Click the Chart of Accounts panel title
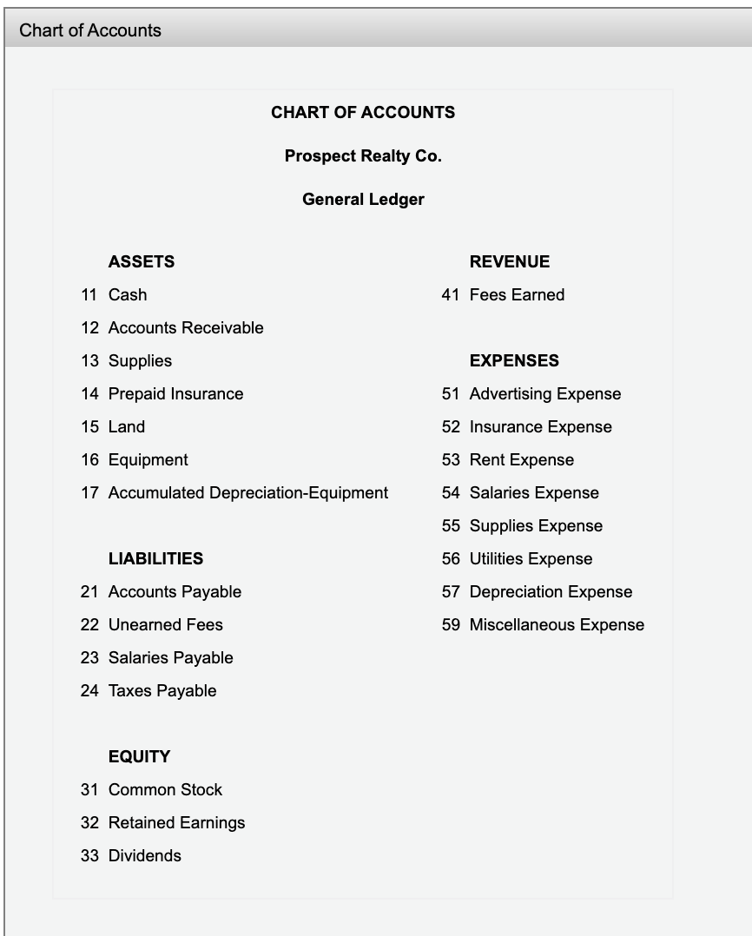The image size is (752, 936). pos(90,30)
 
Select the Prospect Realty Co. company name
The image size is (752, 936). pos(363,156)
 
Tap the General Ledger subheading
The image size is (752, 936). pos(363,200)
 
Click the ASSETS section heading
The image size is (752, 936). pos(141,262)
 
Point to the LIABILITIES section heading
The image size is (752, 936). pos(155,559)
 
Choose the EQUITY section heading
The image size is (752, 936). pos(139,757)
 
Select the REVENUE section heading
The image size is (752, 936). pos(509,262)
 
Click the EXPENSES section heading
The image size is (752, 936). pos(514,361)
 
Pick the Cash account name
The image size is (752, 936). pos(128,295)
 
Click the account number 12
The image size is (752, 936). pos(89,328)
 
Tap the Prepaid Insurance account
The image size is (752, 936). pos(175,394)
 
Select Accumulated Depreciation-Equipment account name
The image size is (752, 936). pos(247,493)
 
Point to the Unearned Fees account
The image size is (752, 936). pos(165,625)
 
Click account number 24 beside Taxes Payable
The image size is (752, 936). pos(89,691)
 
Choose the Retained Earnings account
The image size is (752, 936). pos(176,823)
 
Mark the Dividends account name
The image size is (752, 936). pos(144,856)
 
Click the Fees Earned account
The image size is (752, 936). pos(517,295)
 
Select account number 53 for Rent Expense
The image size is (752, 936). pos(451,460)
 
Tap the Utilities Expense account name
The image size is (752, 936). pos(531,559)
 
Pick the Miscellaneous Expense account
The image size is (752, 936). pos(557,625)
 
